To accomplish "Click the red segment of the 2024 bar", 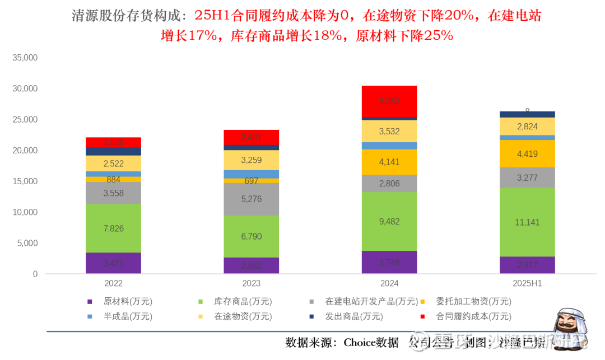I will click(x=389, y=101).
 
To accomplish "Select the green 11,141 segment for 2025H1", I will click(x=527, y=222).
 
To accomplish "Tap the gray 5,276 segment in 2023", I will click(x=251, y=199).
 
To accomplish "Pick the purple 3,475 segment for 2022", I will click(x=113, y=263).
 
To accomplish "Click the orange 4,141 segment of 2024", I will click(x=389, y=162).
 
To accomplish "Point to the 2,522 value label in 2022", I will click(x=113, y=163).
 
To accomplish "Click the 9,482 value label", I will click(x=389, y=222).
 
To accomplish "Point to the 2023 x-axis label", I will click(x=251, y=284).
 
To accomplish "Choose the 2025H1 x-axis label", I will click(x=527, y=284).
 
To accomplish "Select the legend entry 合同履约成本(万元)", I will click(x=473, y=316).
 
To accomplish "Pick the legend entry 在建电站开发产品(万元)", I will click(x=367, y=302).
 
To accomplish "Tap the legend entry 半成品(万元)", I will click(x=128, y=316).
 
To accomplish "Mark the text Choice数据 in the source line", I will click(x=371, y=342).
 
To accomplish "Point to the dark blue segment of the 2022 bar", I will click(x=113, y=151).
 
